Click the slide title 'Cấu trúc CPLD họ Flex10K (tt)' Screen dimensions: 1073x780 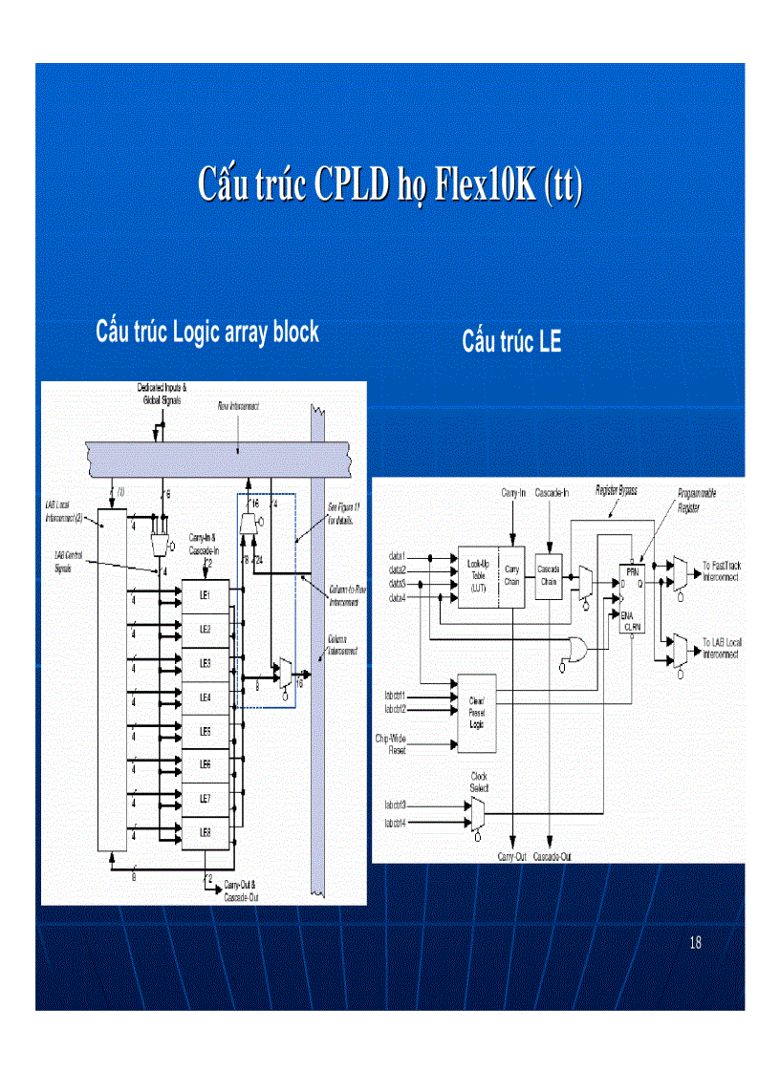pyautogui.click(x=389, y=183)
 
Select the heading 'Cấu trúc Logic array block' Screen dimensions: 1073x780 pyautogui.click(x=207, y=332)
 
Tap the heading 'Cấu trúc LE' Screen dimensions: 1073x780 pyautogui.click(x=511, y=341)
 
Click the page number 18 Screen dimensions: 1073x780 pyautogui.click(x=695, y=943)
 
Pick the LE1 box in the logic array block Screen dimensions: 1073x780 pyautogui.click(x=206, y=595)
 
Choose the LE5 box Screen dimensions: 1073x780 pyautogui.click(x=206, y=731)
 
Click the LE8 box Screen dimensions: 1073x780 pyautogui.click(x=206, y=832)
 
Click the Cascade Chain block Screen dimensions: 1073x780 pyautogui.click(x=549, y=574)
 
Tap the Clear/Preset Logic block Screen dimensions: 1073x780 pyautogui.click(x=476, y=711)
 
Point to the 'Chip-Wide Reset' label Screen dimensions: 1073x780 pyautogui.click(x=390, y=744)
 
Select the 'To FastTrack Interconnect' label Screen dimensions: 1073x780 pyautogui.click(x=721, y=571)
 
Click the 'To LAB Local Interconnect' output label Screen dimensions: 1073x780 pyautogui.click(x=721, y=649)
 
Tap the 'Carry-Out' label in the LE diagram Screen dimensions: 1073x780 pyautogui.click(x=511, y=856)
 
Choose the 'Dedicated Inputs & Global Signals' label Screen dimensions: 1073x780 pyautogui.click(x=163, y=394)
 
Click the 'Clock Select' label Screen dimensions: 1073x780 pyautogui.click(x=479, y=783)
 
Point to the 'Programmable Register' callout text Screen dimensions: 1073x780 pyautogui.click(x=697, y=497)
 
